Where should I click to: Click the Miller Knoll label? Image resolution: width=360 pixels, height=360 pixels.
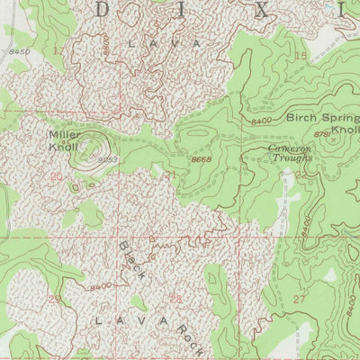tap(64, 139)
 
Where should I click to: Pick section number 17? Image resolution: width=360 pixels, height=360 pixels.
tap(58, 51)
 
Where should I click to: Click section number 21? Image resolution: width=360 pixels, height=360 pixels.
tap(170, 175)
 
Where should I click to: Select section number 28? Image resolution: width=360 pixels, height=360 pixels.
tap(175, 297)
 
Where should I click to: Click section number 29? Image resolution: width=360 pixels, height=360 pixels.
tap(55, 298)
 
